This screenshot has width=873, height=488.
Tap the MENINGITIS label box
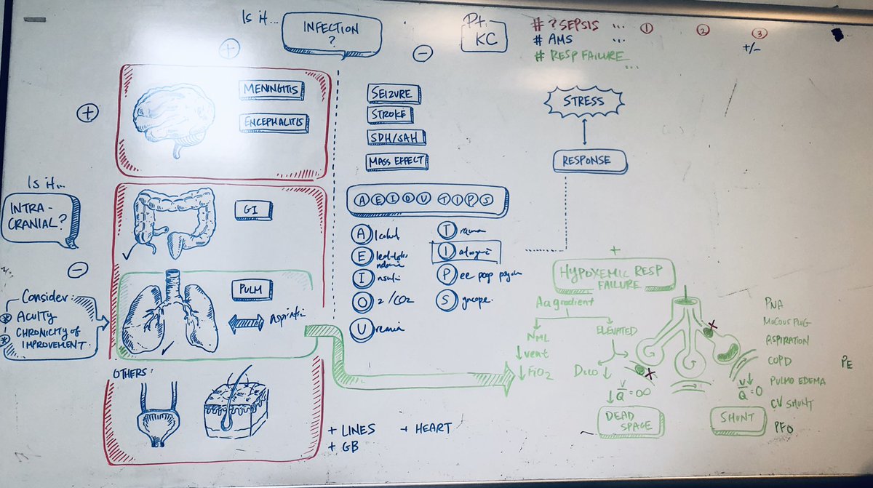[271, 91]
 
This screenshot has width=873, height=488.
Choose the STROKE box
[390, 115]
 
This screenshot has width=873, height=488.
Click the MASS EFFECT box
[397, 161]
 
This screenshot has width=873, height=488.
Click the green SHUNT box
[733, 418]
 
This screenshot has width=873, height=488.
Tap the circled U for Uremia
[359, 328]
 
